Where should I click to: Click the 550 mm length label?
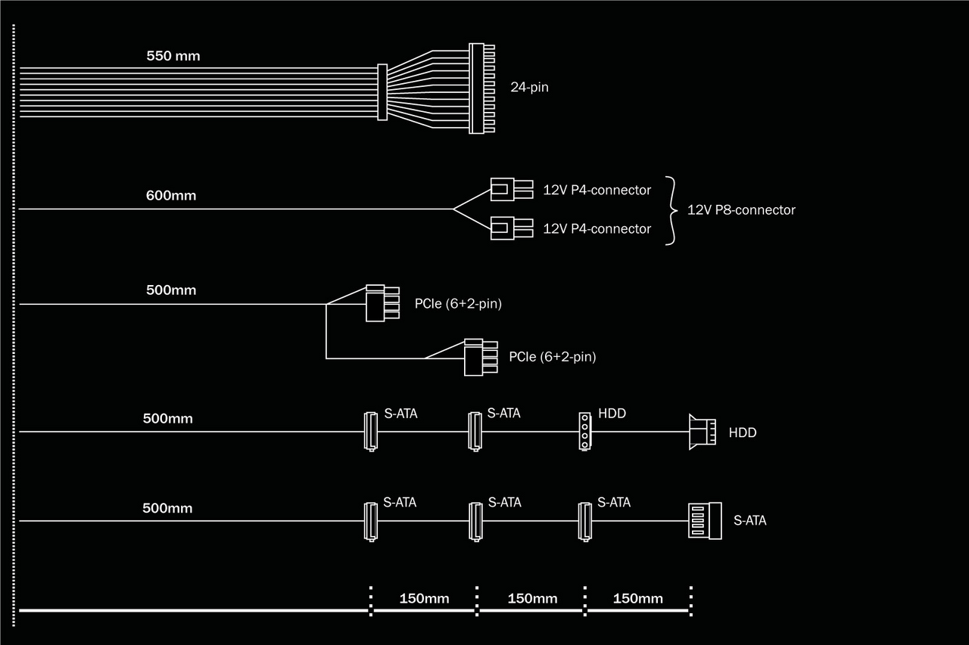tap(173, 56)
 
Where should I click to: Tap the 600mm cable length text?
tap(171, 196)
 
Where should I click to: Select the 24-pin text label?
tap(529, 87)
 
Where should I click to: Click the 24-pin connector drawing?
tap(480, 88)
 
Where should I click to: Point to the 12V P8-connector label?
tap(741, 210)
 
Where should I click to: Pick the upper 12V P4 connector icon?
tap(503, 189)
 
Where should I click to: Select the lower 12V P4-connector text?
tap(597, 229)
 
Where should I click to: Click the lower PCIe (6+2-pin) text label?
tap(553, 357)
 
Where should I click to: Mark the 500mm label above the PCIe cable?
tap(171, 290)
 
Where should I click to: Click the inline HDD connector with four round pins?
tap(584, 431)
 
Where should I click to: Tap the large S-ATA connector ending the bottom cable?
tap(703, 520)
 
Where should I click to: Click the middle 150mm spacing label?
tap(532, 599)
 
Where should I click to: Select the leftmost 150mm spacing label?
tap(424, 599)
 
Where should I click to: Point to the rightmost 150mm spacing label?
tap(637, 599)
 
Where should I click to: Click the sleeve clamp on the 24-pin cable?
tap(382, 91)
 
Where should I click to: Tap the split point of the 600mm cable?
tap(453, 209)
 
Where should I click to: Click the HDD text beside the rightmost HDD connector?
tap(743, 433)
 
